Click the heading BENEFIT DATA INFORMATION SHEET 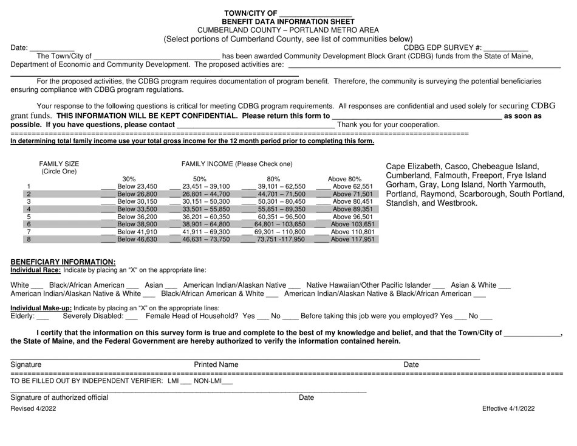(288, 21)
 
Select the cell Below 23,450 (137, 187)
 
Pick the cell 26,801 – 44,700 (206, 194)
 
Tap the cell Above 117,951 (352, 240)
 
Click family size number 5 (29, 217)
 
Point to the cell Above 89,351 (352, 209)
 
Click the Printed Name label (216, 364)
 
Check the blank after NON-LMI (227, 383)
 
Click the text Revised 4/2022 (33, 409)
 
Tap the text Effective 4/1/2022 (508, 409)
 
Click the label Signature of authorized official (60, 397)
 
